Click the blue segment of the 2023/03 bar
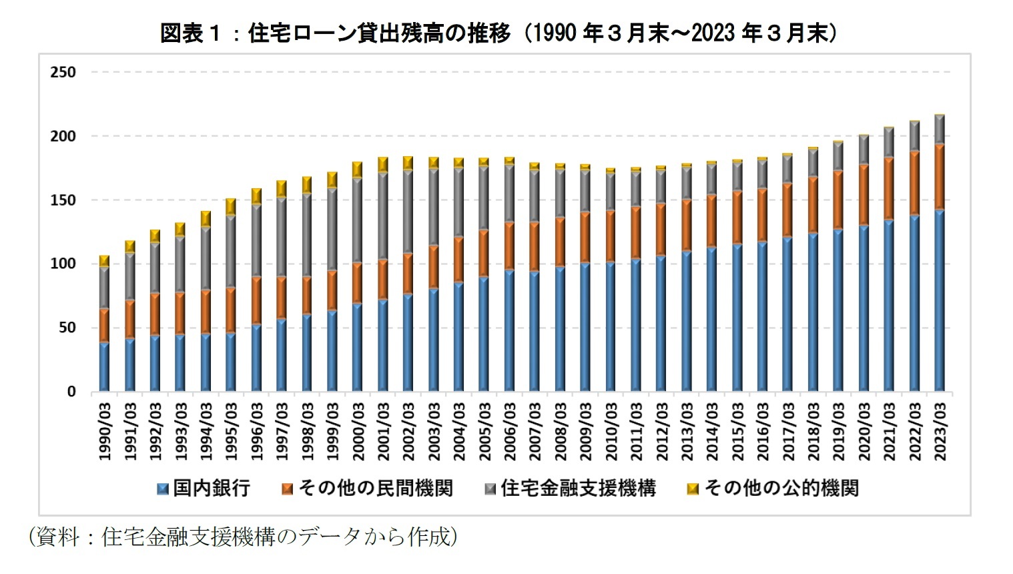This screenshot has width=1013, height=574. tap(940, 300)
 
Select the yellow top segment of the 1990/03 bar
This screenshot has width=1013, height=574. tap(104, 261)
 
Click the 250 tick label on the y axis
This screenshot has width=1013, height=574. tap(63, 72)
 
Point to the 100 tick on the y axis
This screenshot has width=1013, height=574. tap(63, 264)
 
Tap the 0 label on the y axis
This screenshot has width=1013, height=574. tap(71, 392)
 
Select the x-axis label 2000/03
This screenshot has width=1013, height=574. tap(358, 431)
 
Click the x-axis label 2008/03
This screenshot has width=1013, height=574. tap(561, 431)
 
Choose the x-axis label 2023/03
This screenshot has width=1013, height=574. tap(940, 431)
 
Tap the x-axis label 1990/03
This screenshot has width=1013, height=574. tap(105, 431)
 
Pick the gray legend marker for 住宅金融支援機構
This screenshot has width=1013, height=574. tap(490, 489)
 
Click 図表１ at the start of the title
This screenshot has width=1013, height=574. tap(190, 32)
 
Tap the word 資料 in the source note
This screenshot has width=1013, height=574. tap(57, 537)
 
